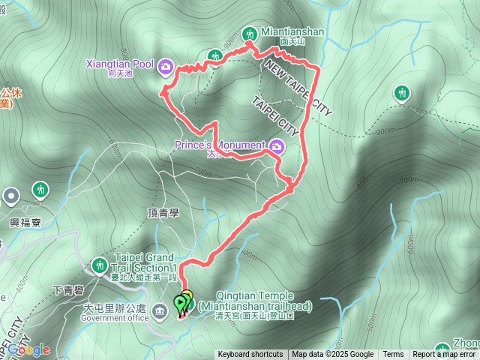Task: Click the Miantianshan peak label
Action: click(292, 32)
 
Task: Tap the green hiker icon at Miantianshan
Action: click(250, 33)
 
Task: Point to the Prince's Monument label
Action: click(220, 145)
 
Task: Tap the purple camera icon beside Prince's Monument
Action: click(277, 145)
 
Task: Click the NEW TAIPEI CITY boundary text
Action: click(298, 88)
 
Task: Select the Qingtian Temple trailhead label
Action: click(263, 301)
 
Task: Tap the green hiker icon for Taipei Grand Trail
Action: click(99, 265)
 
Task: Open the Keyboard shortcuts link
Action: click(250, 355)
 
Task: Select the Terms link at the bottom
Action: click(393, 355)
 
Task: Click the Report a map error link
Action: click(445, 355)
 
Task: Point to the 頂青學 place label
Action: click(163, 212)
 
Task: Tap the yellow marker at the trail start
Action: click(187, 297)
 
